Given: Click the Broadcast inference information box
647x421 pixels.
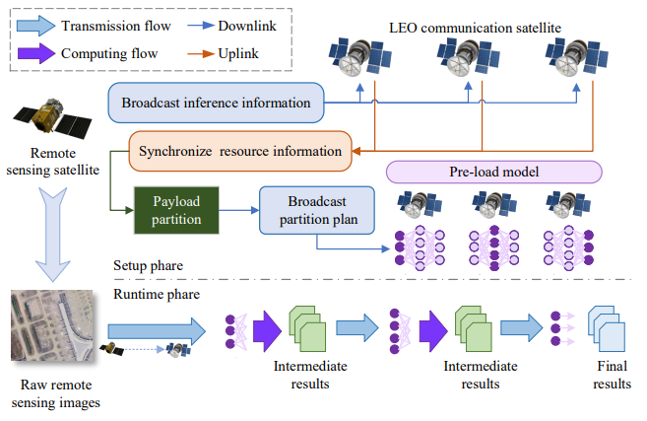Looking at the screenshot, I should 216,103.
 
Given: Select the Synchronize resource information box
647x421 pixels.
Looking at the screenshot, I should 240,151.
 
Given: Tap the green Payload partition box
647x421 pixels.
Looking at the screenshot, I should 176,209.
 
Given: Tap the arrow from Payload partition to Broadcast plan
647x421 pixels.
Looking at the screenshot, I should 236,209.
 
